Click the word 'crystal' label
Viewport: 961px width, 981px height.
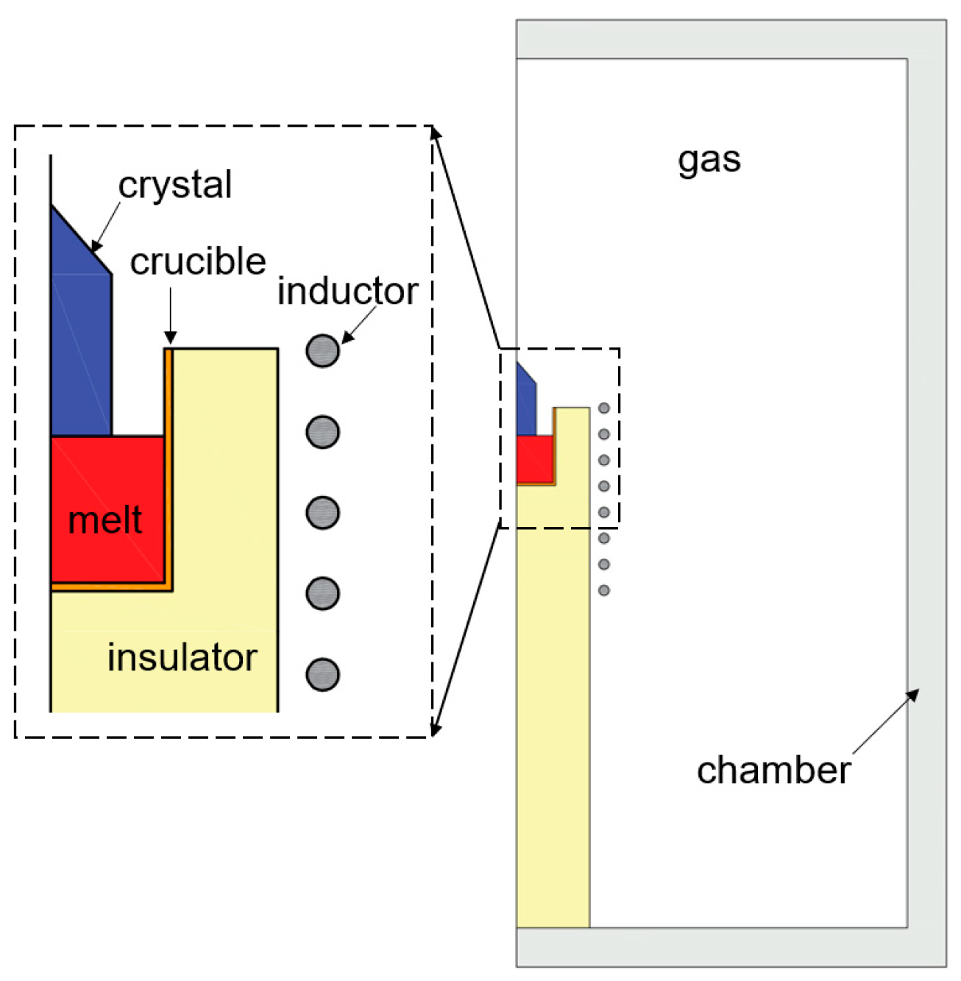(x=175, y=185)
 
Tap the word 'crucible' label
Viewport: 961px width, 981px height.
(x=197, y=262)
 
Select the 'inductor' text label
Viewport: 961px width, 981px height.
(x=347, y=291)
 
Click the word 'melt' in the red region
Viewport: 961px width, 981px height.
(x=104, y=520)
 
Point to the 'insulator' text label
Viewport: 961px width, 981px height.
(x=182, y=657)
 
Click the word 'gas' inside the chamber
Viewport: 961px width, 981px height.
(x=709, y=160)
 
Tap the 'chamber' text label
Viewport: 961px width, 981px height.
(x=773, y=771)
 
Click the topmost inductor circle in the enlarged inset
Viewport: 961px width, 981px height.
(x=322, y=350)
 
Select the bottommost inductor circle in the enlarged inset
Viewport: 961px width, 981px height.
(x=322, y=674)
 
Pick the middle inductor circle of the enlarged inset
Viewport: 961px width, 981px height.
(x=322, y=513)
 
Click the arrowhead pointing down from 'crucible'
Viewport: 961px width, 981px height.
(x=170, y=338)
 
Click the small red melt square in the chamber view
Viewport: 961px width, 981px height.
(x=534, y=459)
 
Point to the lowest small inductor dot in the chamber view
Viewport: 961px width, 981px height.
(x=604, y=590)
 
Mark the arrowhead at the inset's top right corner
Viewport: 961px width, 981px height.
(x=436, y=133)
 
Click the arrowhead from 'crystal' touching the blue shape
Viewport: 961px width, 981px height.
(x=96, y=246)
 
